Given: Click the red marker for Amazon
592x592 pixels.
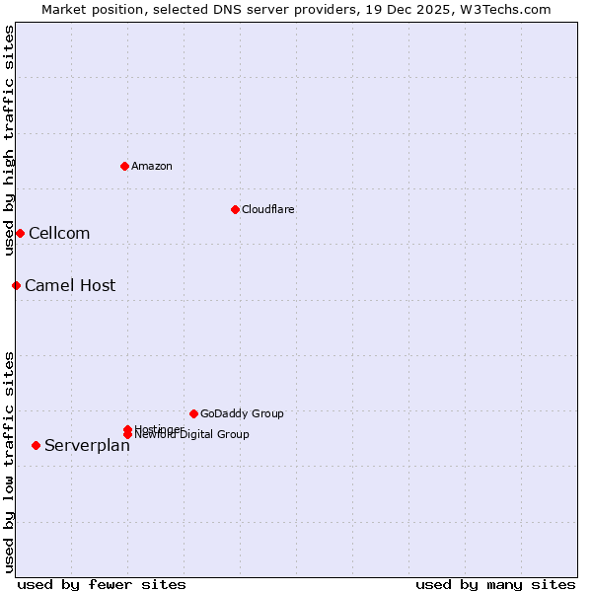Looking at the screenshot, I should [124, 166].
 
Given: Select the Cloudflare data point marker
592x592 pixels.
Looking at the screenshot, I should [235, 209].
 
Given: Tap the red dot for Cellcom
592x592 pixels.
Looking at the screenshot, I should [20, 233].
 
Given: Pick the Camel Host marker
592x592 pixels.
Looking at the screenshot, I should [16, 285].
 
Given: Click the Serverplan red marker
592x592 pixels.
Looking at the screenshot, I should [36, 445].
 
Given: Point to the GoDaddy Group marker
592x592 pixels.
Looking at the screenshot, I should [193, 413].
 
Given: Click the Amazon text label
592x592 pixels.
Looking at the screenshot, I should [151, 166].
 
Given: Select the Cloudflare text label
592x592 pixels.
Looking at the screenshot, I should [267, 209].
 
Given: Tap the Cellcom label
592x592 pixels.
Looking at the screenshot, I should [59, 234].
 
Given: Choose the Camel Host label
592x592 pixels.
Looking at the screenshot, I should [70, 286].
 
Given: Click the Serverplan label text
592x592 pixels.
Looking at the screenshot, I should [87, 446].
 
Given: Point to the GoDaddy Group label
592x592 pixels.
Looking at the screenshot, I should [242, 413].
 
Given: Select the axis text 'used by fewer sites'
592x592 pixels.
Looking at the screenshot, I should [102, 584].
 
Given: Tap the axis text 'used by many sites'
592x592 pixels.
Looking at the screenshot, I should [495, 584].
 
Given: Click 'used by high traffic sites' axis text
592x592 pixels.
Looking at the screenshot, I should [9, 140].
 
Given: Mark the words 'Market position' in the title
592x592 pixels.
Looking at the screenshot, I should [88, 9].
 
